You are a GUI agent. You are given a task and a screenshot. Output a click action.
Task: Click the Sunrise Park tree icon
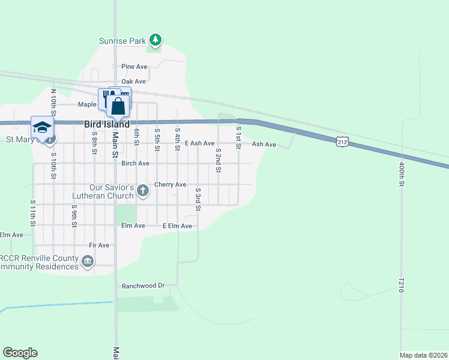(x=156, y=40)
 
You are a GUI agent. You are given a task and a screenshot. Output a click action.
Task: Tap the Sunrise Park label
(x=122, y=41)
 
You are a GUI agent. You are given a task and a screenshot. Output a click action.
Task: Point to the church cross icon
(x=142, y=191)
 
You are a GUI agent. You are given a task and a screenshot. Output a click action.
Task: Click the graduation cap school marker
(x=43, y=127)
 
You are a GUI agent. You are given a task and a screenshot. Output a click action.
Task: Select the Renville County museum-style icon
(x=88, y=261)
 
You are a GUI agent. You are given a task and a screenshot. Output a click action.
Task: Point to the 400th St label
(x=400, y=174)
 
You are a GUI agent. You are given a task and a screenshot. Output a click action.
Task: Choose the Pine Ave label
(x=134, y=67)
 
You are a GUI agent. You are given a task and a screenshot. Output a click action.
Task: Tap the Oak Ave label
(x=133, y=82)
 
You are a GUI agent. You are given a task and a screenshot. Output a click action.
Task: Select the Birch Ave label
(x=134, y=163)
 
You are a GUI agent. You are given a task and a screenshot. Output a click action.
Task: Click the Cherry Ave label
(x=170, y=185)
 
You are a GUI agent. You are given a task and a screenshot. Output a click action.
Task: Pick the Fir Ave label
(x=99, y=245)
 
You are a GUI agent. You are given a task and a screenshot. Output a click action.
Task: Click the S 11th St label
(x=33, y=213)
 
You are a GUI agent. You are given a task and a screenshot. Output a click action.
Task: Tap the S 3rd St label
(x=198, y=199)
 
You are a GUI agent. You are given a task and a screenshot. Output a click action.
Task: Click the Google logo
(x=20, y=353)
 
